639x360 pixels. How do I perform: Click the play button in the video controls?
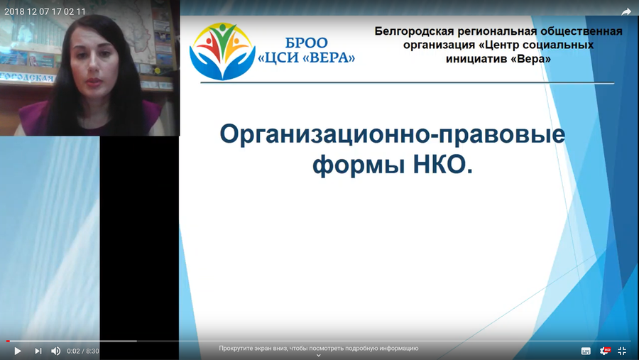tap(18, 351)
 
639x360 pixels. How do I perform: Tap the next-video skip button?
tap(38, 351)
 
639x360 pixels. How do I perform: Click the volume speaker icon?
tap(56, 351)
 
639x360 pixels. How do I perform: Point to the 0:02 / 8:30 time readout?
tap(83, 351)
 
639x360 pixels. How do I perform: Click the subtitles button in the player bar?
tap(586, 351)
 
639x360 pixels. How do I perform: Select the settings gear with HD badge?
tap(605, 351)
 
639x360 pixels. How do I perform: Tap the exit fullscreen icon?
tap(622, 351)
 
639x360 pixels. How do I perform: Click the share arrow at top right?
tap(626, 12)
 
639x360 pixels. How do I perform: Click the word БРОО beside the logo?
tap(306, 43)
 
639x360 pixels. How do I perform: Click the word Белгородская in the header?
tap(414, 31)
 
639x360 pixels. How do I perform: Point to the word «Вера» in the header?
tap(530, 59)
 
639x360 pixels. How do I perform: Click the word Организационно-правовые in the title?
tap(393, 134)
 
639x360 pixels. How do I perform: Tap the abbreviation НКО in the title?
tap(443, 165)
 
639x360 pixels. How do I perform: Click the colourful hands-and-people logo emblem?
tap(222, 51)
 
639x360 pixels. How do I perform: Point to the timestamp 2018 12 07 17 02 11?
tap(45, 12)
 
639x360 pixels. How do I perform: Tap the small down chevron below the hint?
tap(319, 356)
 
